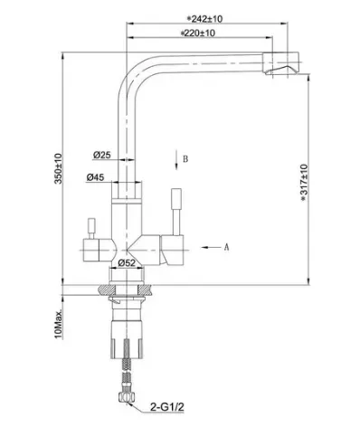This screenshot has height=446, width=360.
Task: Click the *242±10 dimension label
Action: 204,19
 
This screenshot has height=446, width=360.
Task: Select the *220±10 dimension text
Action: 198,33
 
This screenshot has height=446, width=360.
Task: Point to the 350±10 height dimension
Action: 58,168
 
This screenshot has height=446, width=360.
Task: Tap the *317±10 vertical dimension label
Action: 304,183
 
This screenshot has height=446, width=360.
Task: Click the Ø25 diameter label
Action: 102,155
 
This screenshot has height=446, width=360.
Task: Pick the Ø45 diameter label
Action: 95,177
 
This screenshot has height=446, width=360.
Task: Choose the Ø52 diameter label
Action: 127,263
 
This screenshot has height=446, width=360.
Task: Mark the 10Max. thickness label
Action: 59,324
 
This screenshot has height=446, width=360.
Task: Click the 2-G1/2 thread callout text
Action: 167,407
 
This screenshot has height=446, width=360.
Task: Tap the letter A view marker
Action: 227,247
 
